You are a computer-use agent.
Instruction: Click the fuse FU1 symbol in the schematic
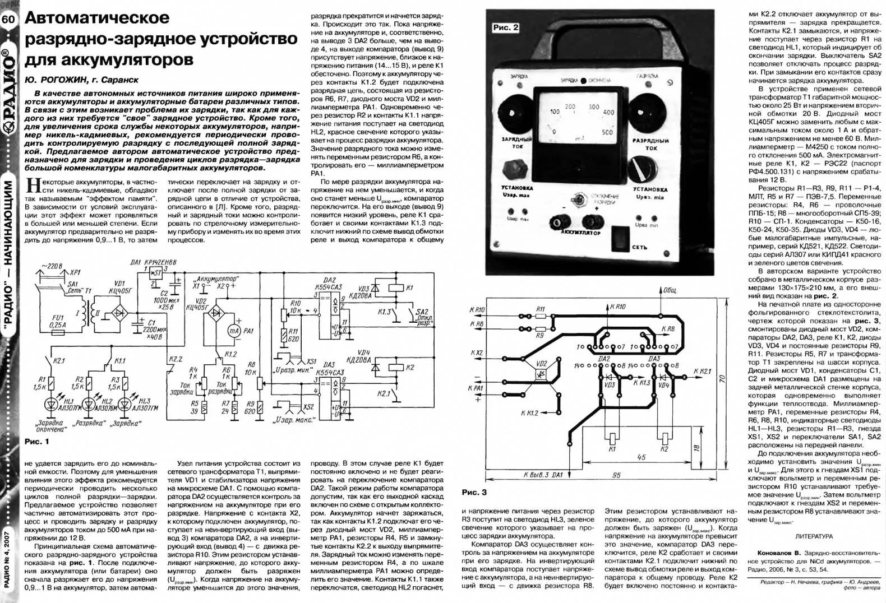coord(57,332)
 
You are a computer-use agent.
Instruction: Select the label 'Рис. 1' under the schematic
coord(37,442)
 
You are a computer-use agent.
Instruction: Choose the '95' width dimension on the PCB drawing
coord(616,475)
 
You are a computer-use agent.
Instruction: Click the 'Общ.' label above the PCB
coord(670,291)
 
